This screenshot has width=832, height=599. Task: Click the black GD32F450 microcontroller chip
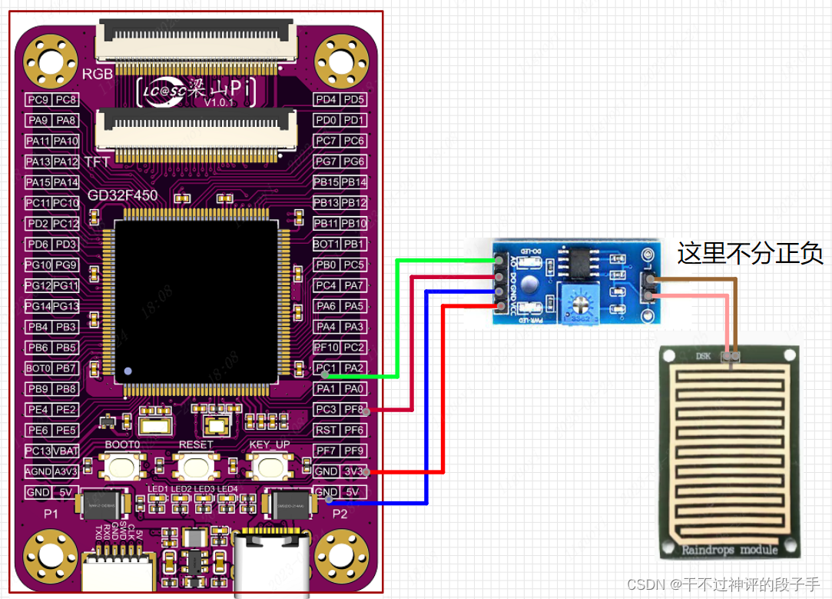point(196,301)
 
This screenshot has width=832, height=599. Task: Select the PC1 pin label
point(327,368)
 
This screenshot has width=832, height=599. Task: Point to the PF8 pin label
point(354,410)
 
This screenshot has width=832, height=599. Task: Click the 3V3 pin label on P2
point(353,471)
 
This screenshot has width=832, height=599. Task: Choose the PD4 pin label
point(327,99)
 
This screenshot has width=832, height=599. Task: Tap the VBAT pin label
point(66,451)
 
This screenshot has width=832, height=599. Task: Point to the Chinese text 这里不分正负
point(750,253)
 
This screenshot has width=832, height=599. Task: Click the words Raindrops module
point(729,549)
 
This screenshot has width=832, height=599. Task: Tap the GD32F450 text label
point(122,195)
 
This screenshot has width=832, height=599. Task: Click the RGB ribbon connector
point(195,42)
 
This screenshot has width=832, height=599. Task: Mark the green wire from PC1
point(396,323)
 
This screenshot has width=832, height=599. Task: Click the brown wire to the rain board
point(736,308)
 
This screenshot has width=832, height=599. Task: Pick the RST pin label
point(327,431)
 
